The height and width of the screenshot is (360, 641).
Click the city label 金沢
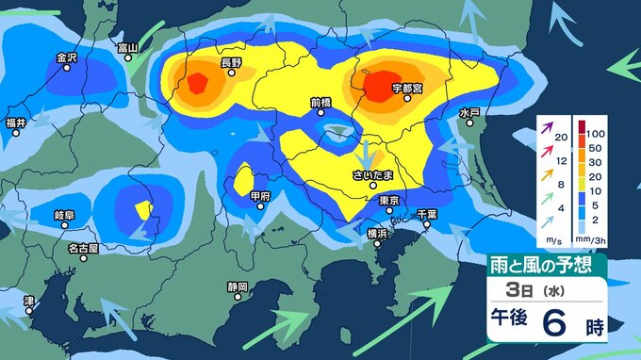65,57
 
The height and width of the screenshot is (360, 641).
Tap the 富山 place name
126,48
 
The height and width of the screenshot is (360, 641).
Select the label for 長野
231,63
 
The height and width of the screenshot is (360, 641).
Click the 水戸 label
469,112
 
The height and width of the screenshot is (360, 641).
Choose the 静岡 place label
238,286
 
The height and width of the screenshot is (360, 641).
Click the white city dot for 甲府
260,207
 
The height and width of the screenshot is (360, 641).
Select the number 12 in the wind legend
562,160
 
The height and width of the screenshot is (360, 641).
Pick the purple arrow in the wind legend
545,124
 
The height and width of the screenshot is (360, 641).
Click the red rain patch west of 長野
196,84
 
